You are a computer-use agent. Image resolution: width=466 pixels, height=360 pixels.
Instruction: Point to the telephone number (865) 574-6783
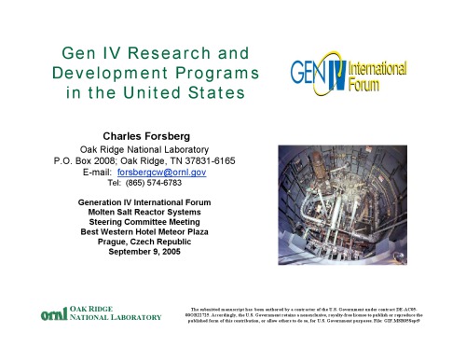[156, 183]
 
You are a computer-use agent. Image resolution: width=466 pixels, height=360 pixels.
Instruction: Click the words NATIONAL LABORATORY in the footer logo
[116, 319]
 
